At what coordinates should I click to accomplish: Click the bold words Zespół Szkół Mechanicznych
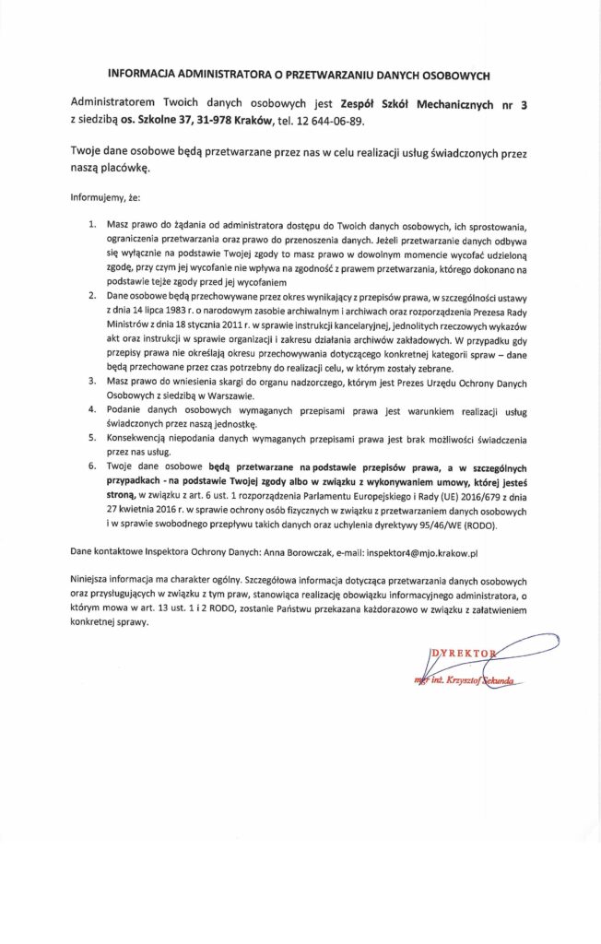point(420,104)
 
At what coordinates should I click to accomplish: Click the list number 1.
point(91,225)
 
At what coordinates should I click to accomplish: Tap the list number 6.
point(91,467)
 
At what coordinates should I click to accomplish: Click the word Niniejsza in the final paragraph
point(92,582)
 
